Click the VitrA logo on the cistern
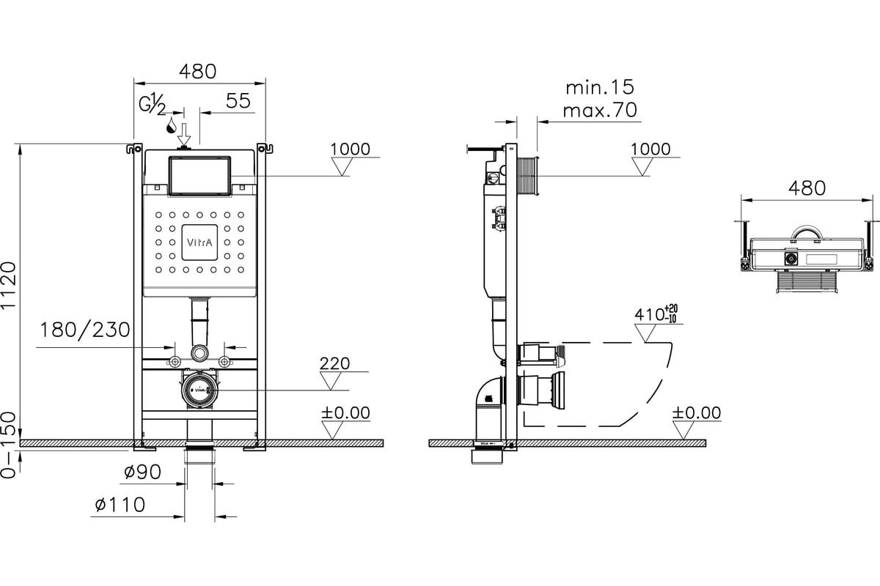click(x=199, y=242)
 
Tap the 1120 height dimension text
click(x=9, y=286)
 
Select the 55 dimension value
click(x=238, y=101)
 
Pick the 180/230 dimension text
click(x=85, y=330)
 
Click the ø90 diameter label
click(x=142, y=472)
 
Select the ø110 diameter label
click(x=120, y=505)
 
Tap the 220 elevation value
click(x=334, y=363)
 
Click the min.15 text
click(x=600, y=87)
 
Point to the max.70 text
click(x=600, y=110)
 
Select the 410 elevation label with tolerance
click(x=656, y=314)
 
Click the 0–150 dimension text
click(x=9, y=445)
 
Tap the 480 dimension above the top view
click(x=807, y=188)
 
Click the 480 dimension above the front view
click(x=197, y=72)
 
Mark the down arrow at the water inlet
click(x=184, y=135)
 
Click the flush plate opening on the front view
click(x=199, y=176)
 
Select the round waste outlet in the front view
click(x=199, y=390)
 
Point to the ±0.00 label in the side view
click(x=697, y=413)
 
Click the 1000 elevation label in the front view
click(x=350, y=149)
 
